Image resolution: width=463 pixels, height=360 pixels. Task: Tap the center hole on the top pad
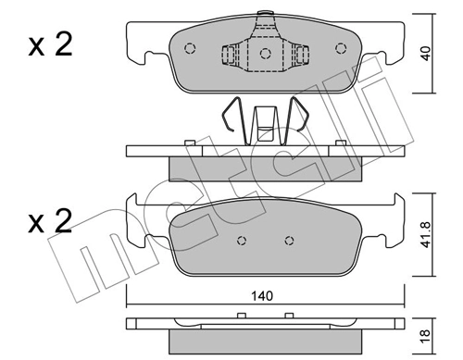265,53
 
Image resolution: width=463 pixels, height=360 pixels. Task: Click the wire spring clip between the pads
265,120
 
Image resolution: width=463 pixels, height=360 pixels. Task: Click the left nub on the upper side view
189,142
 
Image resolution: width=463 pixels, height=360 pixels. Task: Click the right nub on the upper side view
341,142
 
